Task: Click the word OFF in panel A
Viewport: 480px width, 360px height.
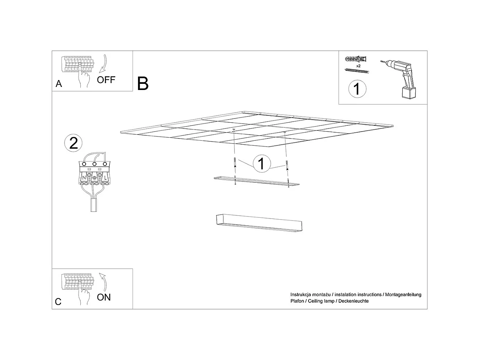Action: (x=106, y=80)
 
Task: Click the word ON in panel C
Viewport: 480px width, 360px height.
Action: (x=104, y=297)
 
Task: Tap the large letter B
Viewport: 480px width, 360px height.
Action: (x=143, y=83)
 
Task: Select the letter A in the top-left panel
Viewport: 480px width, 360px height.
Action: (x=59, y=84)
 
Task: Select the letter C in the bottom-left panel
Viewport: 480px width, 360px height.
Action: (x=58, y=302)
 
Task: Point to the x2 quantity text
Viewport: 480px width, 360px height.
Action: (x=358, y=66)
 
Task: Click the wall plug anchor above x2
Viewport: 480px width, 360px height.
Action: (x=356, y=59)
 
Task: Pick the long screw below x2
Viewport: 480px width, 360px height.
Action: (x=357, y=71)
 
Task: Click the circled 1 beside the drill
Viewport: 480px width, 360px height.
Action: (x=357, y=89)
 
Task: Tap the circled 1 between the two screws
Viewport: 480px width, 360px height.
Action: (x=261, y=163)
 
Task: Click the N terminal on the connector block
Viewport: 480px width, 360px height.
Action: (x=84, y=178)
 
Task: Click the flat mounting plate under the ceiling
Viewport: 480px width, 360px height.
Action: (x=256, y=181)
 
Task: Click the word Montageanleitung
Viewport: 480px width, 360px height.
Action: (x=403, y=295)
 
